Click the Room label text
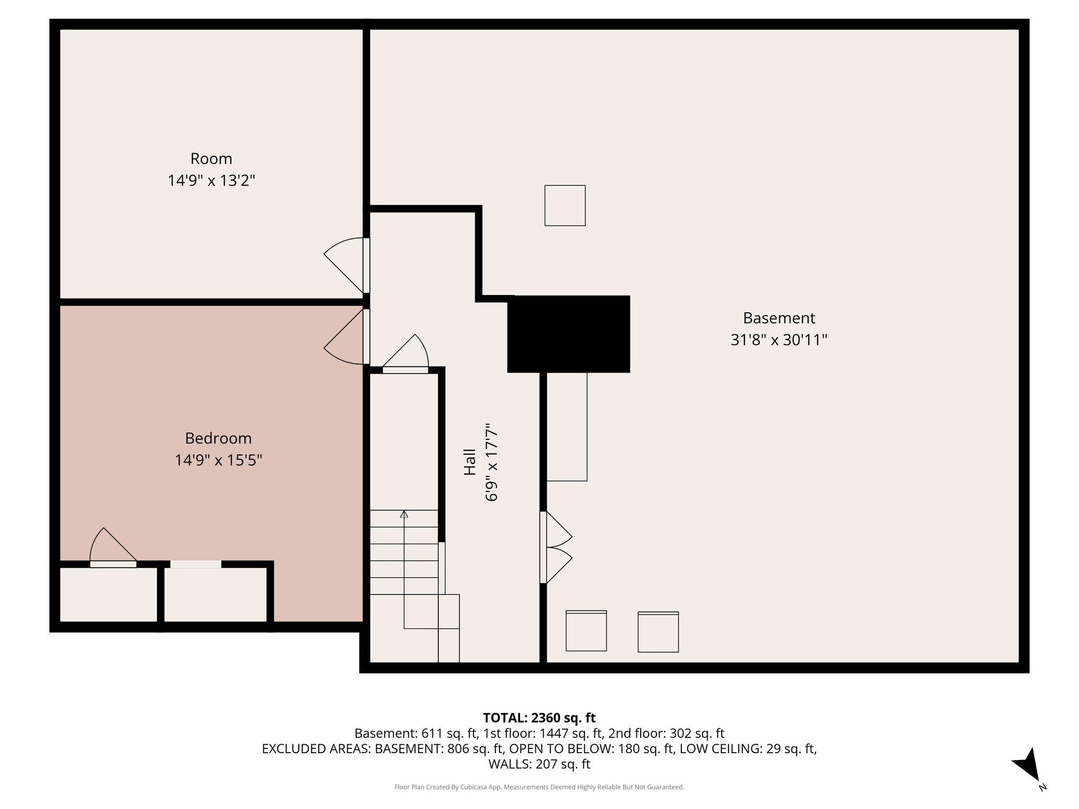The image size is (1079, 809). [x=211, y=159]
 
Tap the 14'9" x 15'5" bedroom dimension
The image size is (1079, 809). [x=218, y=460]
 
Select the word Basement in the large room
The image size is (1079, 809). [x=779, y=318]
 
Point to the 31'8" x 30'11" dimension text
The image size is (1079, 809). [x=779, y=340]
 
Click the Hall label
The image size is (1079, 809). [x=469, y=462]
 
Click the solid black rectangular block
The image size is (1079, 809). [x=568, y=334]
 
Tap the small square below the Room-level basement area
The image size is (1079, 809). [x=565, y=205]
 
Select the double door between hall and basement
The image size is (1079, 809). [x=556, y=547]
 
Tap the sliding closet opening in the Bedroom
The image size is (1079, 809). [x=195, y=564]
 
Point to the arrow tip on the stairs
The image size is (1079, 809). [x=404, y=514]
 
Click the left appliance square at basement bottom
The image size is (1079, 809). [x=586, y=631]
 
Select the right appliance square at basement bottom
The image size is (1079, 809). [x=658, y=632]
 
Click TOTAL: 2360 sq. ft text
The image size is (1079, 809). [x=539, y=718]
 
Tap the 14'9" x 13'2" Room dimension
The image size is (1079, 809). [x=211, y=181]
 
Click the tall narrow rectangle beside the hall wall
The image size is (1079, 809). [x=567, y=427]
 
